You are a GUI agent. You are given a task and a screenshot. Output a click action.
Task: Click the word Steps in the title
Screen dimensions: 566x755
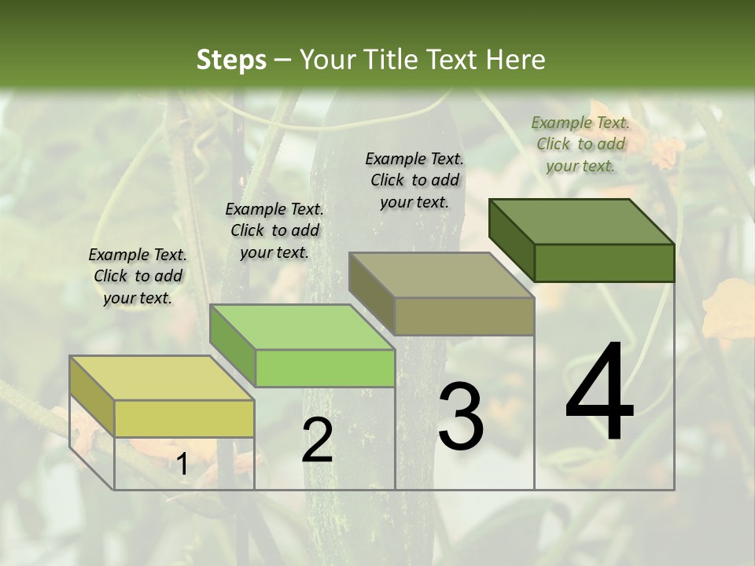(x=231, y=60)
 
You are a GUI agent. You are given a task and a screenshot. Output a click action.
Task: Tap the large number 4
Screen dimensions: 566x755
(x=599, y=393)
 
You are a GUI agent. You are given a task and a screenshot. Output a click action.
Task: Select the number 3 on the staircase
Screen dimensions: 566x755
(x=460, y=417)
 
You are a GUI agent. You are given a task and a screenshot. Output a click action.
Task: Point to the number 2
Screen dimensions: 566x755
(x=317, y=440)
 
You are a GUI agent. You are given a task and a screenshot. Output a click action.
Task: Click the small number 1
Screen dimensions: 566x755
(x=182, y=465)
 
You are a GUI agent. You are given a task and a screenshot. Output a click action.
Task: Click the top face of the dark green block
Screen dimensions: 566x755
(x=582, y=221)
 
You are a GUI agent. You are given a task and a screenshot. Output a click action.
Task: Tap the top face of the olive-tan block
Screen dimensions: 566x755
(x=441, y=275)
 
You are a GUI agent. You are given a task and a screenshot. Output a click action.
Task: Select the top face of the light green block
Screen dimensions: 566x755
(x=302, y=327)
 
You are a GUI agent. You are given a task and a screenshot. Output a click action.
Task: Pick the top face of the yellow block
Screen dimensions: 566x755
(x=162, y=378)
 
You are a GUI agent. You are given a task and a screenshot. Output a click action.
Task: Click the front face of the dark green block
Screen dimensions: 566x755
(x=604, y=263)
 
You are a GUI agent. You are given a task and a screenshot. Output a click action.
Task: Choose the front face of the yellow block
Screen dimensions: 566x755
(x=184, y=418)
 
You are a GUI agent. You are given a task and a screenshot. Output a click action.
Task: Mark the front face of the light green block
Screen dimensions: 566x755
(x=325, y=368)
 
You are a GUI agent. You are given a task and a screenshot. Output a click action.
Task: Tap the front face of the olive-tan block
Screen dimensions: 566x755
(x=464, y=316)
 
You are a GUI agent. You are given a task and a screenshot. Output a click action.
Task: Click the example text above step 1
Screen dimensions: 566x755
(x=138, y=276)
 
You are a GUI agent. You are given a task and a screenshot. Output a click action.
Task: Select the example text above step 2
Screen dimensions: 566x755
(x=274, y=230)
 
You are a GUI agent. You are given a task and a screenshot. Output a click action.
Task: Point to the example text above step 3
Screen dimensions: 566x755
(x=414, y=180)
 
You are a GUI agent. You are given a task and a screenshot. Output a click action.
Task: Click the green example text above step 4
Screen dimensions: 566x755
(x=580, y=144)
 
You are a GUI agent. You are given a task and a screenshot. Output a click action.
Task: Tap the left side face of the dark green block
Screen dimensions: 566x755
(x=511, y=236)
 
